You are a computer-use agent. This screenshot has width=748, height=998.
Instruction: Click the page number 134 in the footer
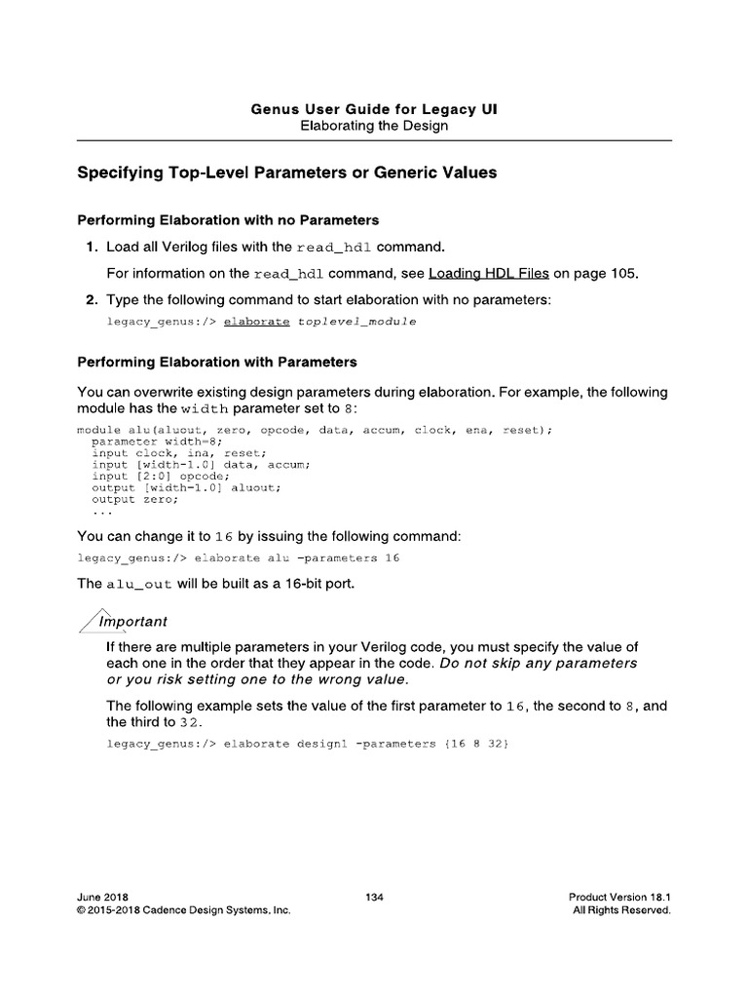point(374,897)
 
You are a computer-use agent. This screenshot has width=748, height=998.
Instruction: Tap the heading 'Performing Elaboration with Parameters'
point(216,362)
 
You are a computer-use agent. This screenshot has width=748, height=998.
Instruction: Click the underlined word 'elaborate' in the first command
point(256,322)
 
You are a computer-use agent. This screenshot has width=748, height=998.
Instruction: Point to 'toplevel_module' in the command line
point(343,322)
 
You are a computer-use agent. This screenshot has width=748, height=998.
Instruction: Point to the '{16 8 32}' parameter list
point(476,744)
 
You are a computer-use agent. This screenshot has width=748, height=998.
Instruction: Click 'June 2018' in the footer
point(102,897)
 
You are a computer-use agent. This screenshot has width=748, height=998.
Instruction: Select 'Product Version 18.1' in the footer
point(619,897)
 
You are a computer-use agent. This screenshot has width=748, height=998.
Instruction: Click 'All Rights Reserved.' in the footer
point(623,910)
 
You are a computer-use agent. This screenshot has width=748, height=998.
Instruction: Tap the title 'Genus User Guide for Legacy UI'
point(374,110)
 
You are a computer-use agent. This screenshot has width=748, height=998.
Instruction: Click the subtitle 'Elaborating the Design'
point(374,127)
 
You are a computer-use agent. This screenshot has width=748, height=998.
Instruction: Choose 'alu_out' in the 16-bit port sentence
point(139,584)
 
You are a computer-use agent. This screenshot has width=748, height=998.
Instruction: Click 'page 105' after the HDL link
point(611,273)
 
